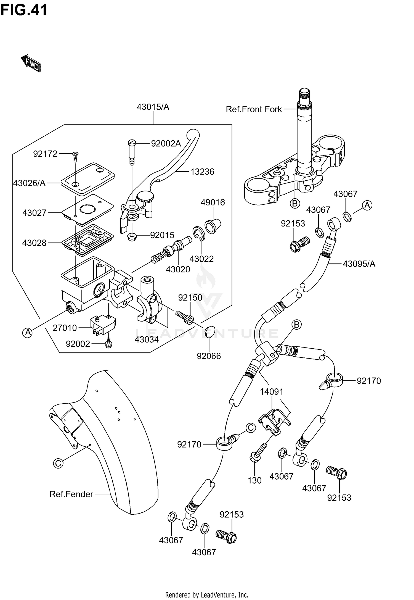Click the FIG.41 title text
24,10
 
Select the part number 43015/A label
153,107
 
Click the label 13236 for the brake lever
202,172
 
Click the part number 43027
34,213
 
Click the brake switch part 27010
102,325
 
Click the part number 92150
190,298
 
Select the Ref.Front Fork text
254,109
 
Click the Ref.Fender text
71,494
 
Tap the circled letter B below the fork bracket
295,204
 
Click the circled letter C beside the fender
58,463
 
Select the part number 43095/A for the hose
359,264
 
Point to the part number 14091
272,392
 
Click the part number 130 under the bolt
254,480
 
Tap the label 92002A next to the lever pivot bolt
166,143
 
